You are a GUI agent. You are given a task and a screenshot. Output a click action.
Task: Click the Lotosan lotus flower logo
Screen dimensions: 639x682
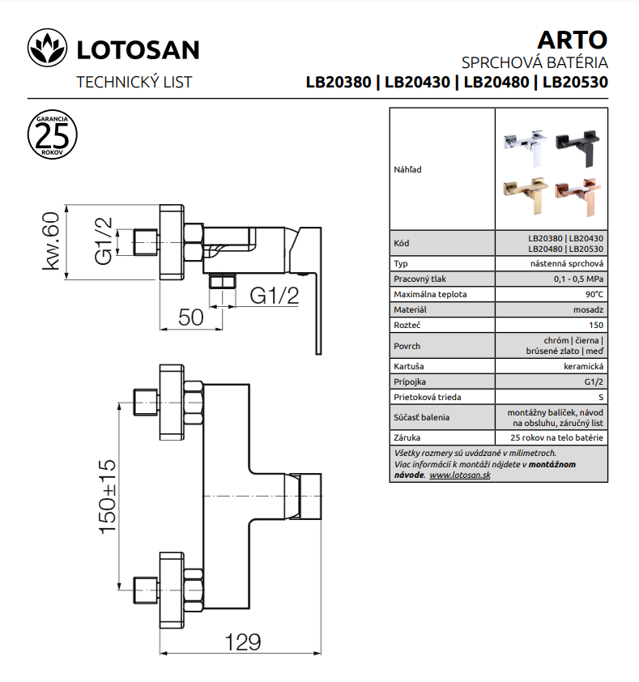point(48,48)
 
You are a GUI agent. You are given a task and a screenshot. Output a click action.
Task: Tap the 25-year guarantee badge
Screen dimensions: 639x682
point(52,134)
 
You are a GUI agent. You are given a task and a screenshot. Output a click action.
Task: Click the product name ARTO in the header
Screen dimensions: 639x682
point(572,40)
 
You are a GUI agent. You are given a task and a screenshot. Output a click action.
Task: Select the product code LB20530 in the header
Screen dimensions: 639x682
point(575,82)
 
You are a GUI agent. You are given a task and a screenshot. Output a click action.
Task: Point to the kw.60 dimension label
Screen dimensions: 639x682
point(50,241)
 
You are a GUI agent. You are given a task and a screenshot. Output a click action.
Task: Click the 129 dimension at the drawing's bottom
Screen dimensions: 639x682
point(243,642)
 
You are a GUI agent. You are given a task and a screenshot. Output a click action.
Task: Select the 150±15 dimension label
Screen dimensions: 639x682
point(108,497)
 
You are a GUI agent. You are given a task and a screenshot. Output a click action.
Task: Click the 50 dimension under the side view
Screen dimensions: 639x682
point(190,317)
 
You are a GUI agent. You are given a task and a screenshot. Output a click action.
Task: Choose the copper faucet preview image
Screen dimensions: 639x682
point(577,196)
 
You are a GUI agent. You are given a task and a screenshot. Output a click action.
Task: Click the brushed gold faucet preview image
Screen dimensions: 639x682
point(525,196)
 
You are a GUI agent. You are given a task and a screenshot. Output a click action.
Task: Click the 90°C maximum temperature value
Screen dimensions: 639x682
point(594,295)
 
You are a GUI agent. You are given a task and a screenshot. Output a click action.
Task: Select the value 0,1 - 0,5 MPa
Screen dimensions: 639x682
point(578,279)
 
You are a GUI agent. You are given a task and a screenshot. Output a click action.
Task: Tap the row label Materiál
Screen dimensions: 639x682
point(410,309)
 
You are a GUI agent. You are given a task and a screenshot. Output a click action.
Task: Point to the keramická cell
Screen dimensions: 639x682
point(583,367)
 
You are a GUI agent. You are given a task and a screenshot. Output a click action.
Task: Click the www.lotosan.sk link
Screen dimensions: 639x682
point(460,475)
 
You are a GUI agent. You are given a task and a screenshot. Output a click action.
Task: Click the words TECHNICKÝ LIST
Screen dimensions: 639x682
point(134,82)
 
